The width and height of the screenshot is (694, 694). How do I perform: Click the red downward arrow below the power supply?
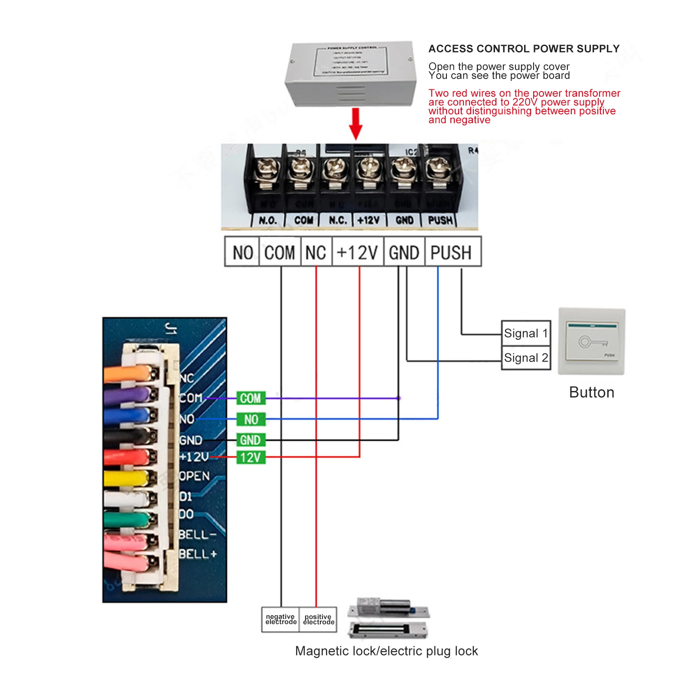click(x=355, y=124)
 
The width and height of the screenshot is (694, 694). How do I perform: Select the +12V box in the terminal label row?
click(x=358, y=252)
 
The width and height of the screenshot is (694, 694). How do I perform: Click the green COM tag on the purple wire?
click(x=251, y=398)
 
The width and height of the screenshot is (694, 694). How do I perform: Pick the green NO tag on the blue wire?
click(x=251, y=419)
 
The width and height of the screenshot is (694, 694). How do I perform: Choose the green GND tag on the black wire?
click(x=251, y=440)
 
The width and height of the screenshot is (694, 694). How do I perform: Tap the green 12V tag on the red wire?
click(x=251, y=457)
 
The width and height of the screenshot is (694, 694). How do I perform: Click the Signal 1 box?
click(x=526, y=333)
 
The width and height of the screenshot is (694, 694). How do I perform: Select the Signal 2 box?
click(x=526, y=358)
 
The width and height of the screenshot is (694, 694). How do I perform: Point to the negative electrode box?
click(x=280, y=619)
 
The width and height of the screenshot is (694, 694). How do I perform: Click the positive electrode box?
click(x=318, y=619)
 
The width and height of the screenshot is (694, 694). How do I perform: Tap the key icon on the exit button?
click(x=592, y=342)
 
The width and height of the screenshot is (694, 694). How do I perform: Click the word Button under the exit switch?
click(x=591, y=392)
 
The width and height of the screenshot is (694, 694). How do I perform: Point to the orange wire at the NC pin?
click(x=126, y=374)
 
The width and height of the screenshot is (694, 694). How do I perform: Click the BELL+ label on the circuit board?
click(x=198, y=554)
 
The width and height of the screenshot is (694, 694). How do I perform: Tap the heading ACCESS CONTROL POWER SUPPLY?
click(x=524, y=49)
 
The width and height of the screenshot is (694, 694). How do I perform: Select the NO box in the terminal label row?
click(x=242, y=252)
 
